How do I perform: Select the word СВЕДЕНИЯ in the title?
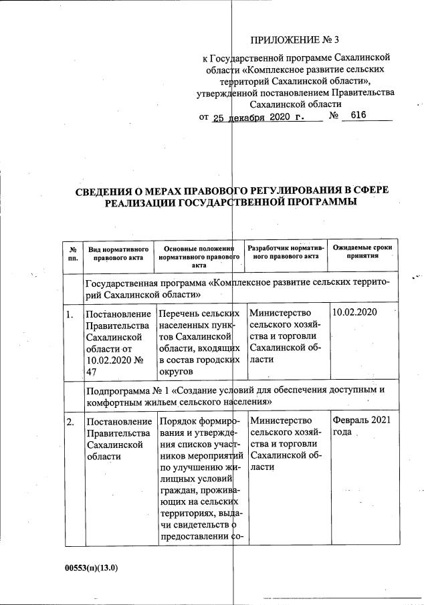tap(110, 191)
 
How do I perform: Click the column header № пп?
tap(72, 253)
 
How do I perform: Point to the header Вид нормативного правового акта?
tap(116, 253)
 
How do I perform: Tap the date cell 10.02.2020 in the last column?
tap(354, 312)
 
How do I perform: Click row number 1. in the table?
tap(70, 313)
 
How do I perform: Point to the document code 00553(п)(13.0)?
tap(91, 568)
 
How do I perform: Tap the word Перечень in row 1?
tap(179, 313)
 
